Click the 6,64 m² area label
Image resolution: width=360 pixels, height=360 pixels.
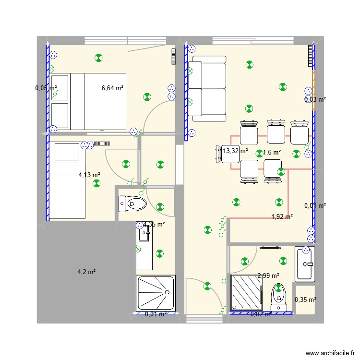click(112, 88)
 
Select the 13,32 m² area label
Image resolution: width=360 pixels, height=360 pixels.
click(235, 151)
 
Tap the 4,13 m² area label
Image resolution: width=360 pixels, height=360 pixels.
click(89, 175)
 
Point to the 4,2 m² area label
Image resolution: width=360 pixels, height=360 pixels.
click(86, 272)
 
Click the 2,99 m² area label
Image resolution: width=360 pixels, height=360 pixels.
click(268, 276)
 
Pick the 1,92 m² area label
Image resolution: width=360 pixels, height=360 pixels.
click(282, 216)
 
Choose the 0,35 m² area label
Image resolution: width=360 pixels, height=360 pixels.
click(306, 300)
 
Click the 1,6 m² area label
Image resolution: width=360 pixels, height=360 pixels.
click(272, 152)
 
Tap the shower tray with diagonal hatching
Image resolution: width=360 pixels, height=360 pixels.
click(247, 292)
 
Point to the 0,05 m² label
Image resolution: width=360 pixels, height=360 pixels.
click(46, 88)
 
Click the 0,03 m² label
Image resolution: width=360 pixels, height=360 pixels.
click(315, 99)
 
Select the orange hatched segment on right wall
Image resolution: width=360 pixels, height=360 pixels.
click(314, 90)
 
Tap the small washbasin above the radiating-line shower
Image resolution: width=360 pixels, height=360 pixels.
click(144, 235)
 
